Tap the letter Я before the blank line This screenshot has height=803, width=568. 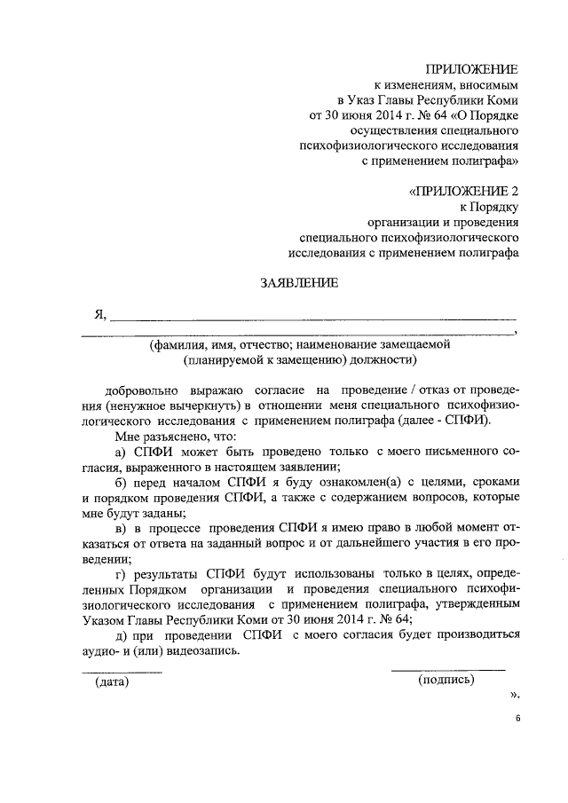tap(100, 314)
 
